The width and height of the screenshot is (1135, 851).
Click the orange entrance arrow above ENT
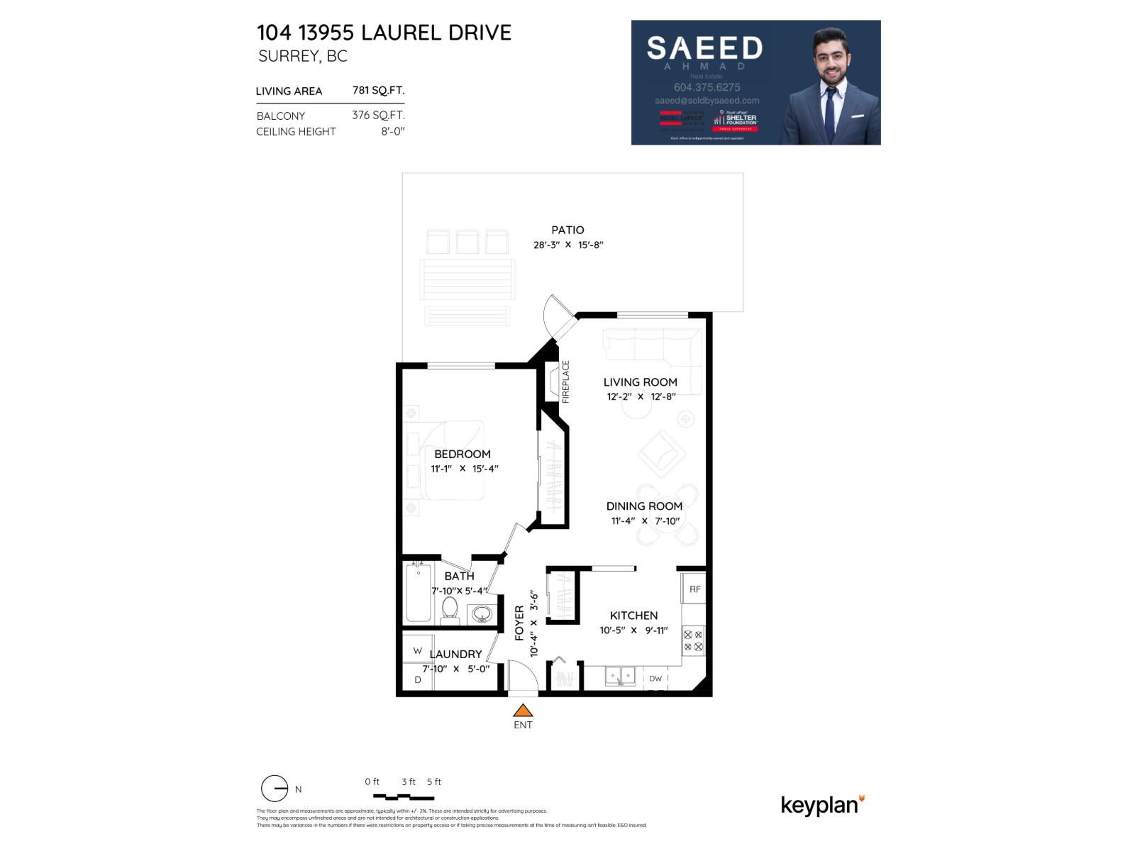click(x=523, y=711)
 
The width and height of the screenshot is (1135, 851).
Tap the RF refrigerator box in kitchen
click(x=694, y=589)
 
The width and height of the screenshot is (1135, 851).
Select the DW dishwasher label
click(x=655, y=679)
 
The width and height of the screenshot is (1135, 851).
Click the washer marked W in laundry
click(x=417, y=650)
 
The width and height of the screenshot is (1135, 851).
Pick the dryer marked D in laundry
click(x=417, y=679)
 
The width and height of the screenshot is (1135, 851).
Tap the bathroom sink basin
click(x=482, y=613)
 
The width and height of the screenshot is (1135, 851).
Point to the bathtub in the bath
click(x=418, y=592)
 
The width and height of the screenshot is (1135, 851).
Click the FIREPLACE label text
click(x=566, y=382)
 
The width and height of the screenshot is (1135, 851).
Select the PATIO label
click(x=567, y=230)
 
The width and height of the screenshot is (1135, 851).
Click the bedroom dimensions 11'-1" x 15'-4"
click(x=465, y=469)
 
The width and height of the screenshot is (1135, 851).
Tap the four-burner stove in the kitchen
click(x=693, y=641)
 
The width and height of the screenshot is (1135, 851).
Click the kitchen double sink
click(x=621, y=676)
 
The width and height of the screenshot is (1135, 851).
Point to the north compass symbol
click(x=275, y=789)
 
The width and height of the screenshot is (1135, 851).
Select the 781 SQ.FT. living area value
click(x=378, y=90)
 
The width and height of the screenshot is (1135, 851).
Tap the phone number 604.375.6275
click(x=707, y=87)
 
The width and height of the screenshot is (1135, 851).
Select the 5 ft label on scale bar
click(x=434, y=782)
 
